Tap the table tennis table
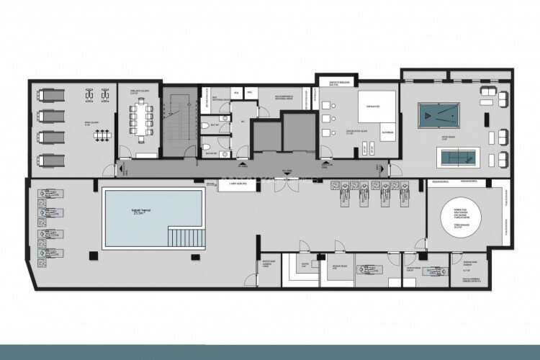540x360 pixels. (457, 156)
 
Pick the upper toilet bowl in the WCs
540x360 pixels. (207, 127)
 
